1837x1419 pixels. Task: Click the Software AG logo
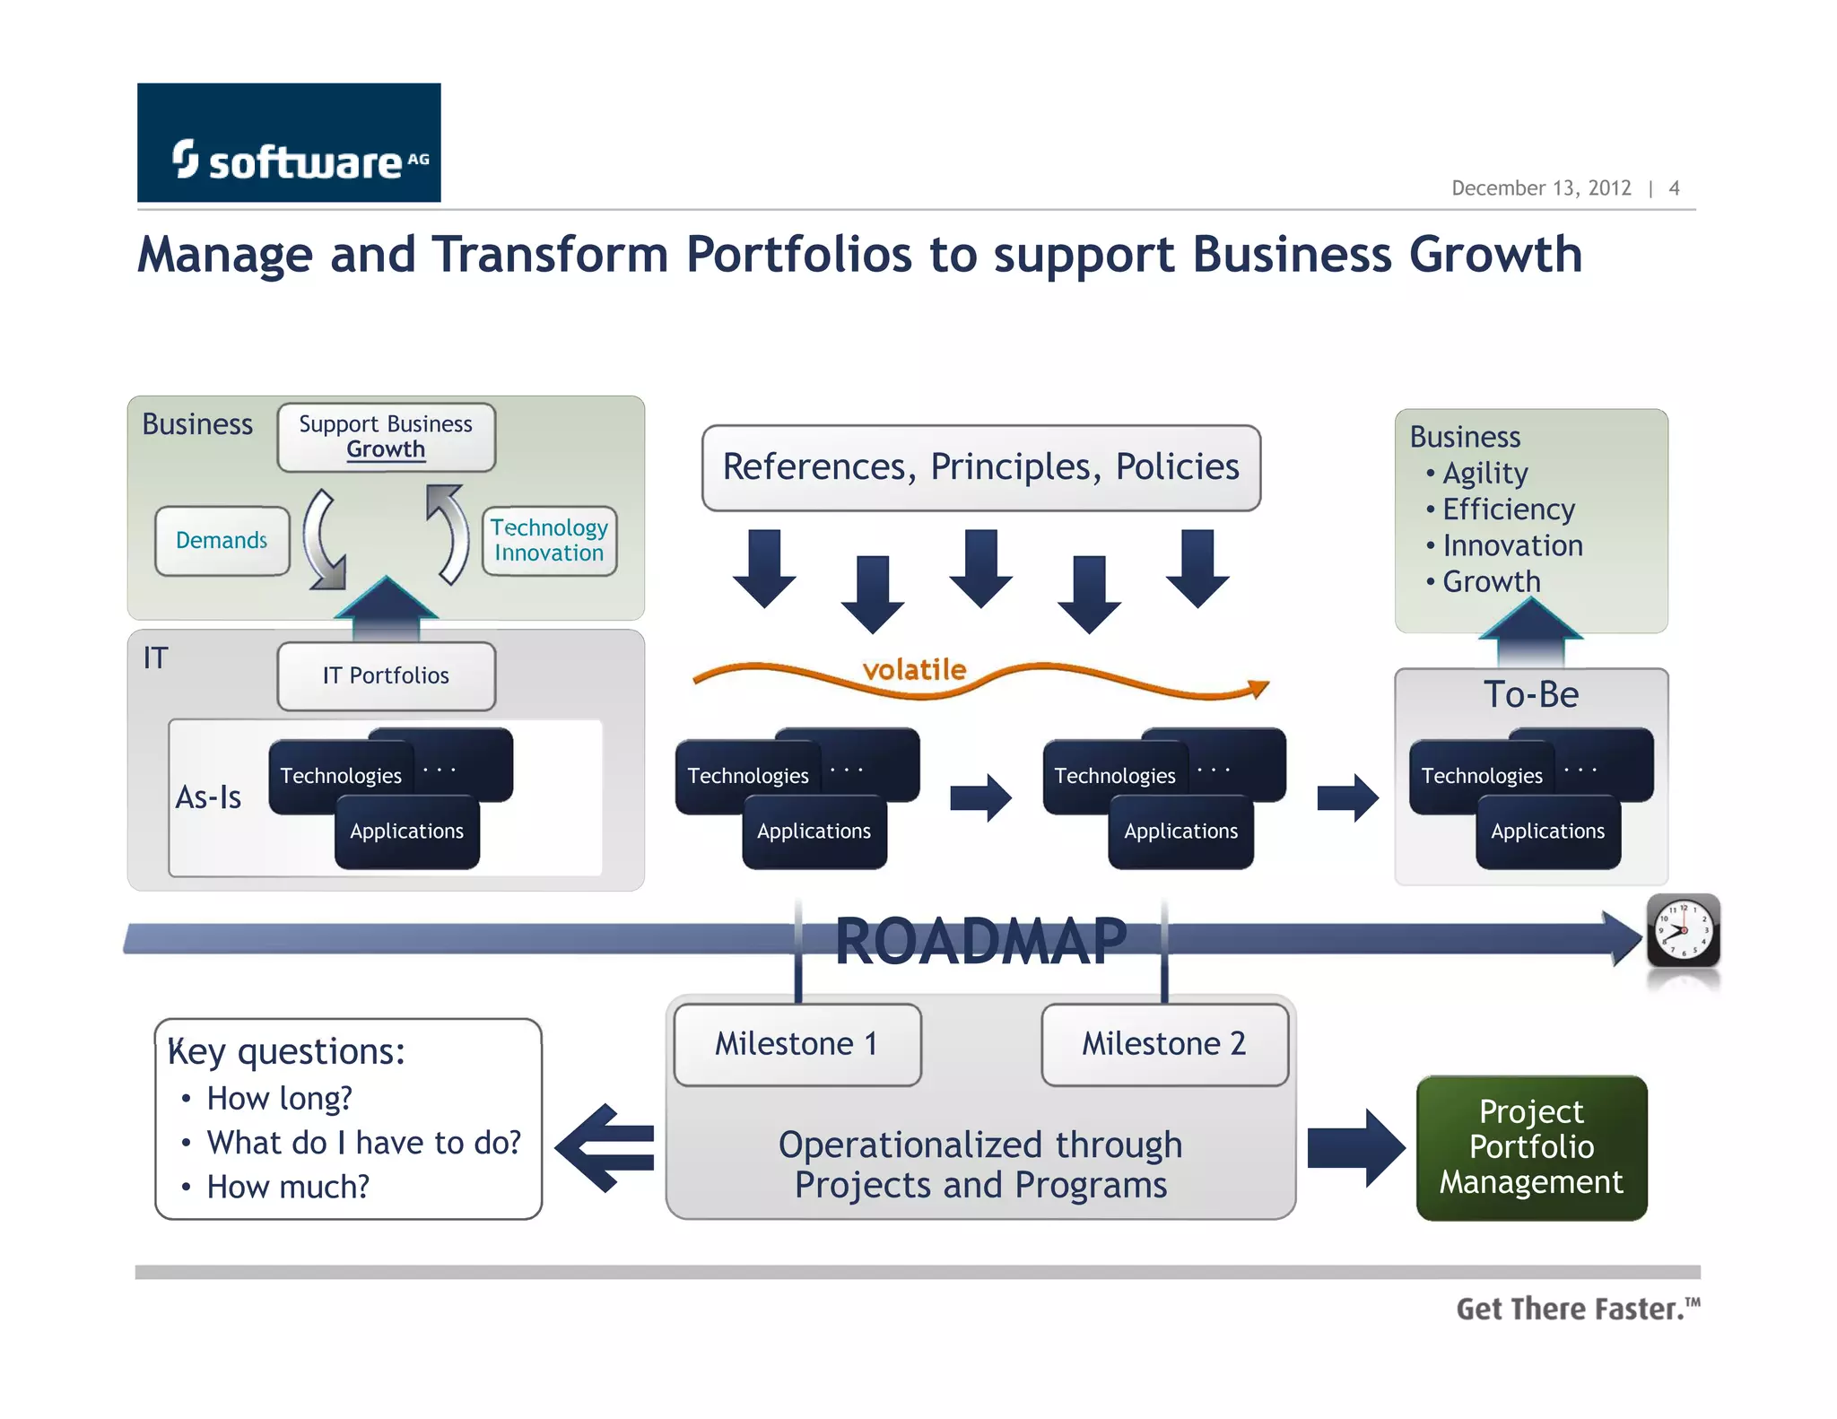(x=288, y=144)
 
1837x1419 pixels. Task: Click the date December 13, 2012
(x=1540, y=188)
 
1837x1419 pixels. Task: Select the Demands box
(x=222, y=541)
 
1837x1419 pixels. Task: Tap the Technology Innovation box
(x=549, y=541)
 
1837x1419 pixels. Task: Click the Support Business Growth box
(x=386, y=437)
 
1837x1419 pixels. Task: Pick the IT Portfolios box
(x=386, y=676)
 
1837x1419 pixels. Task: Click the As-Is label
(x=208, y=797)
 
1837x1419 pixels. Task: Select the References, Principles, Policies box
(x=980, y=467)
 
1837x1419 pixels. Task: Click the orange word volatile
(x=914, y=669)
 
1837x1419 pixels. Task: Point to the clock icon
(x=1683, y=931)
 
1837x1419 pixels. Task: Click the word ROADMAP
(x=980, y=942)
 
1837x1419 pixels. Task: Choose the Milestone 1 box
(x=797, y=1044)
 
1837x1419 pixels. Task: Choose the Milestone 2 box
(x=1163, y=1044)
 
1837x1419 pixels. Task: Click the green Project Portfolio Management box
(x=1531, y=1147)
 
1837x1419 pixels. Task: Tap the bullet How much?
(x=287, y=1188)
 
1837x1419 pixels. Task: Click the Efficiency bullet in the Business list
(x=1508, y=509)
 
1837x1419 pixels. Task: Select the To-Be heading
(x=1530, y=695)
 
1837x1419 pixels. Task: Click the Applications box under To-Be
(x=1547, y=832)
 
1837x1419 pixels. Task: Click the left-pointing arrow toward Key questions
(x=605, y=1147)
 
